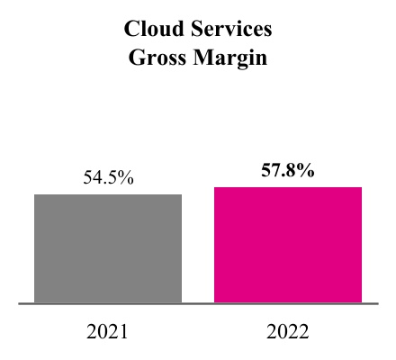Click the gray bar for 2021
[x=108, y=248]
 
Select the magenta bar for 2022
[x=288, y=245]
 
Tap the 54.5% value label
[x=108, y=177]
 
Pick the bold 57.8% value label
[x=288, y=170]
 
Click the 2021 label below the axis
[x=108, y=331]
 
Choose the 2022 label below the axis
[x=288, y=331]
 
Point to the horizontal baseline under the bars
[x=198, y=304]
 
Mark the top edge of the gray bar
[x=108, y=194]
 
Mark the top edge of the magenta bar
[x=288, y=187]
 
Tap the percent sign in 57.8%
[x=307, y=170]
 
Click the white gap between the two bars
[x=198, y=252]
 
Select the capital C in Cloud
[x=132, y=30]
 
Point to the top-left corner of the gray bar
[x=35, y=194]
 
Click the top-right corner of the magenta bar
[x=362, y=187]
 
